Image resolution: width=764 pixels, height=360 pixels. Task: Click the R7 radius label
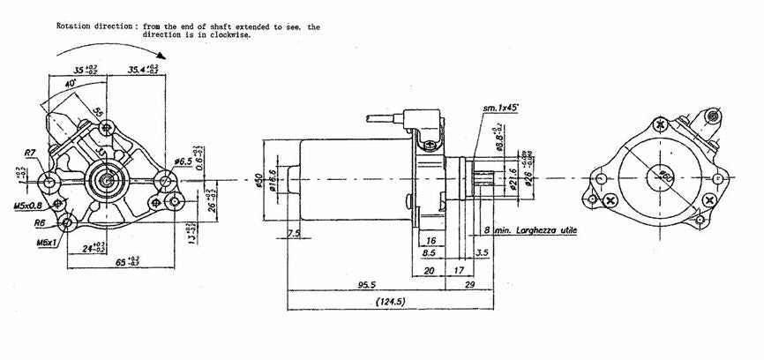pos(30,153)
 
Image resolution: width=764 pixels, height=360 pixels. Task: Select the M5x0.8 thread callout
pos(26,206)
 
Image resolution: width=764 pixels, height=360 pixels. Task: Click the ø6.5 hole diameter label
pos(184,161)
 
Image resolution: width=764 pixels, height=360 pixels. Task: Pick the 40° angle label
pos(70,82)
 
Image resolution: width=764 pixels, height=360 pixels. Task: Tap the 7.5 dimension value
pos(293,233)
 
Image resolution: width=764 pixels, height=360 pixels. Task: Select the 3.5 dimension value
pos(482,252)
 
